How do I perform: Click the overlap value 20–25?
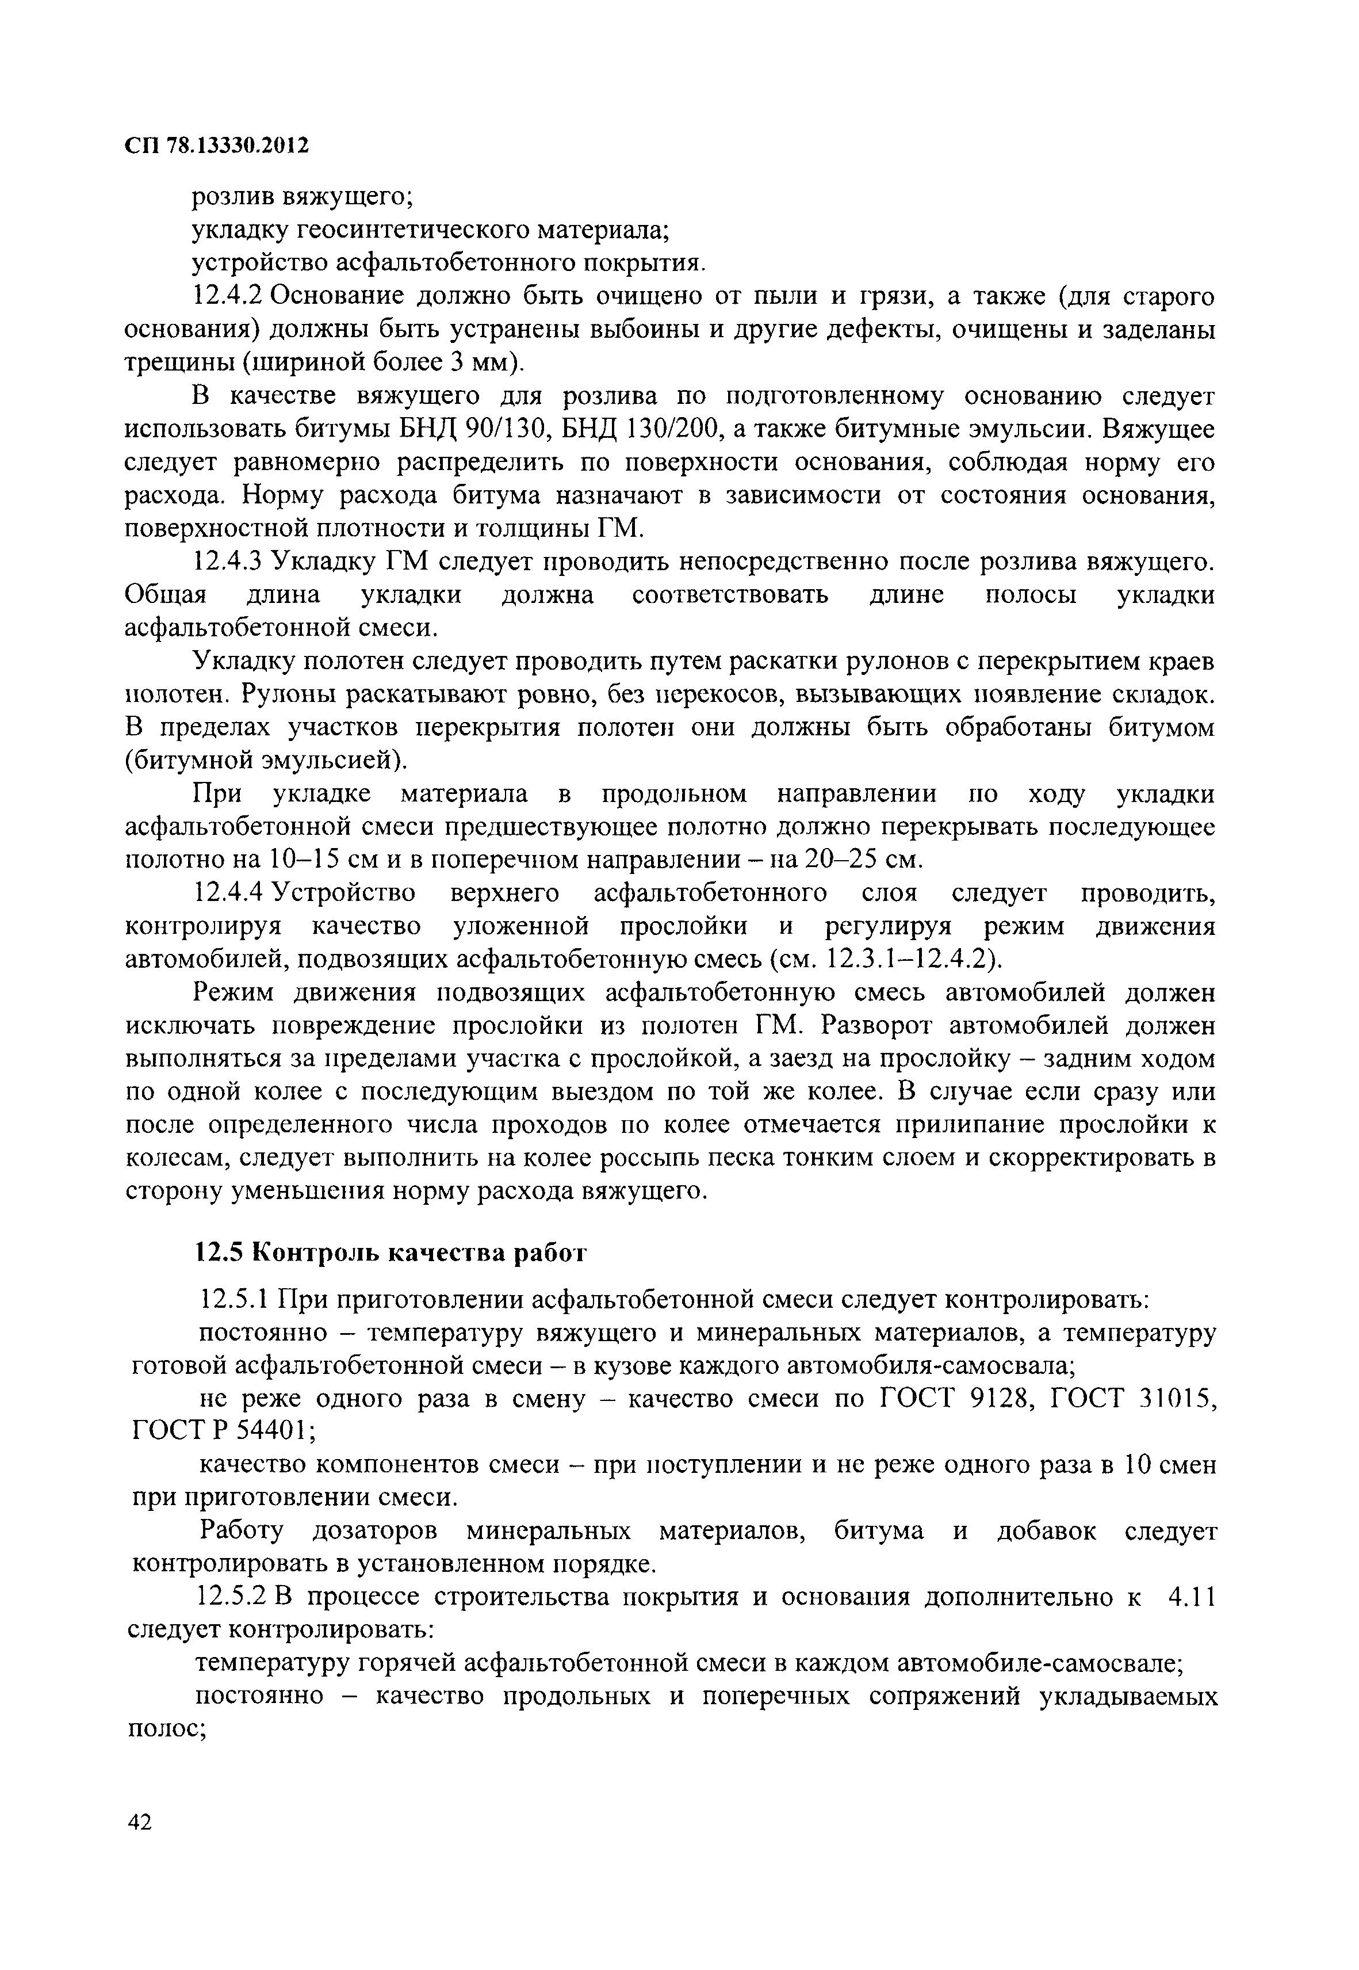pos(842,860)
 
